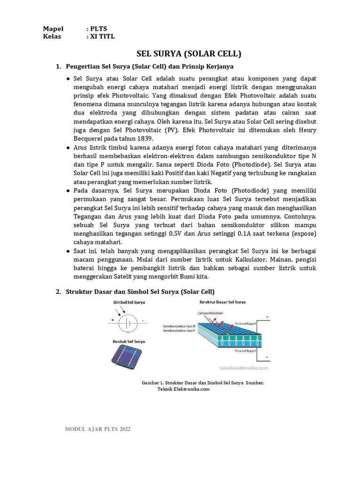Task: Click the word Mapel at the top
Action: [x=53, y=29]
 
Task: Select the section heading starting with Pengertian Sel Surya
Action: [x=150, y=66]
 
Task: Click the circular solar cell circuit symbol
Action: [x=127, y=324]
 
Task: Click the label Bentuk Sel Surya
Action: [x=128, y=341]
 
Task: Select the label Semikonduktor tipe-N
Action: [x=179, y=326]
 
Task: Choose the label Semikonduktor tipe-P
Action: [x=179, y=331]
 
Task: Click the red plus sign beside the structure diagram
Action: [x=267, y=318]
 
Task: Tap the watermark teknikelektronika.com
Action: [x=243, y=368]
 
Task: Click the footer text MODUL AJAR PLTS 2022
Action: [x=98, y=429]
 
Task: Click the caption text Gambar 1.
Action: [x=152, y=383]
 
